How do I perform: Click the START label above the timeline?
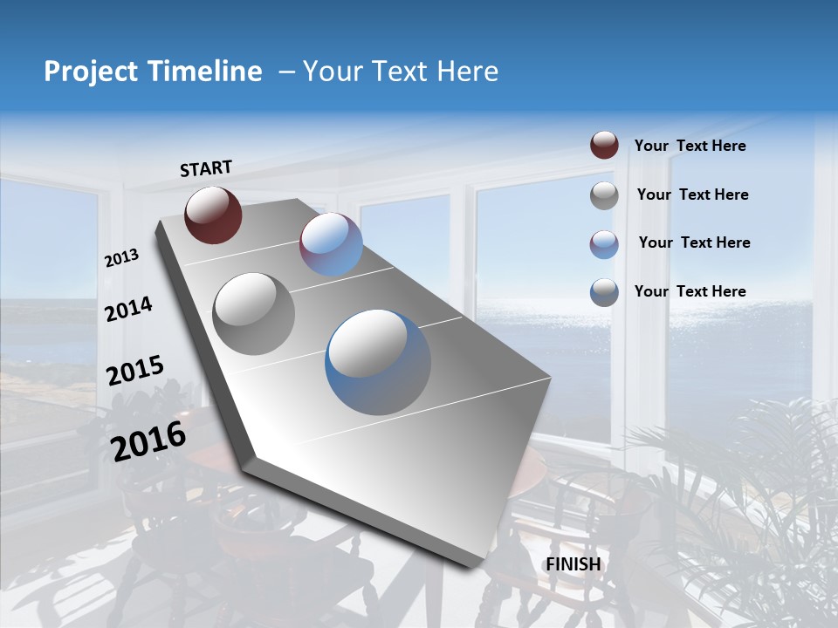click(206, 168)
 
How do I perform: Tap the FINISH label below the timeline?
click(574, 564)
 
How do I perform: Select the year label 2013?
click(122, 258)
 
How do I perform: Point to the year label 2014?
click(128, 309)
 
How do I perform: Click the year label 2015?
click(135, 371)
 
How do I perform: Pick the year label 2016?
click(148, 440)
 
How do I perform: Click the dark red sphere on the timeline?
click(213, 215)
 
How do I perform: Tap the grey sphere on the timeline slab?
click(254, 313)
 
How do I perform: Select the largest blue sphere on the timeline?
click(378, 362)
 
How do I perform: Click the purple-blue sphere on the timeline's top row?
click(331, 244)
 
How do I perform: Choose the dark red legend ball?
click(604, 146)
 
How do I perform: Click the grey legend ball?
click(604, 195)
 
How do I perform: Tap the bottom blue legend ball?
click(604, 291)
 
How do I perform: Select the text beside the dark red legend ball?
click(690, 146)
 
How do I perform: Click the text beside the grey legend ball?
click(692, 195)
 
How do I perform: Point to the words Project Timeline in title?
click(153, 72)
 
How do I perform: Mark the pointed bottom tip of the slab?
click(472, 565)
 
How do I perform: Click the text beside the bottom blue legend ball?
click(690, 291)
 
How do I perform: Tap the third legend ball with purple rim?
click(604, 243)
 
